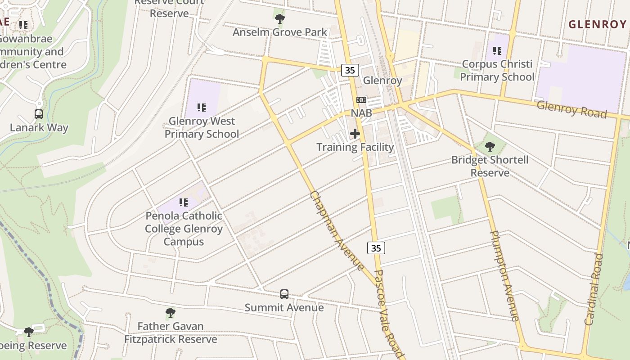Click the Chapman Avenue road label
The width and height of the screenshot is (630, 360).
coord(337,231)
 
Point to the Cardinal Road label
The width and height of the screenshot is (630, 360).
coord(594,289)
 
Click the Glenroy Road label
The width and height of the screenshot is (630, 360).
coord(571,109)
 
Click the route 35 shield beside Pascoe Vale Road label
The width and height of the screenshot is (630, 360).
coord(376,248)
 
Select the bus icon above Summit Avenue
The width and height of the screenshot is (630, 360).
coord(284,294)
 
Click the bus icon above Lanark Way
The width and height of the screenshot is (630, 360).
coord(39,114)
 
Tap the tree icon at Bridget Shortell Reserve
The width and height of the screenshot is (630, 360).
coord(490,147)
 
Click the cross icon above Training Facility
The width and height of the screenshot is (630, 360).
coord(355,134)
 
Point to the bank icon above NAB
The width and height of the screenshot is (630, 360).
coord(361,100)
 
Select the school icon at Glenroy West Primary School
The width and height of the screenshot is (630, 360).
coord(201,108)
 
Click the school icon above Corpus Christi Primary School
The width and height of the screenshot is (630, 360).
coord(497,51)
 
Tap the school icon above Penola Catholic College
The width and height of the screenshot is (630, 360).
coord(183,202)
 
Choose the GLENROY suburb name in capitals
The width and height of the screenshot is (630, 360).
coord(597,25)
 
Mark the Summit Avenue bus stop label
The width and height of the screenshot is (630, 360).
coord(284,307)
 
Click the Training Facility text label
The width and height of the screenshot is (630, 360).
coord(355,147)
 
